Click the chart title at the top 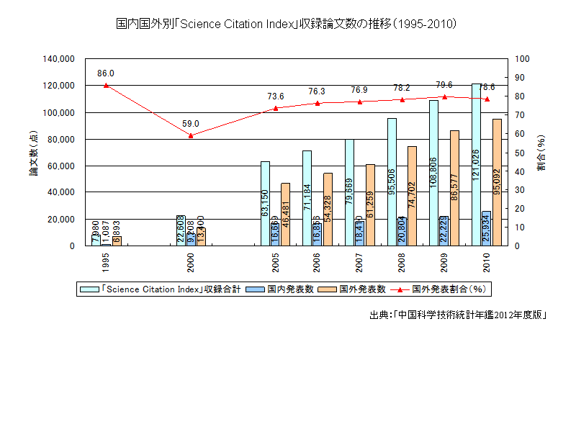click(x=287, y=24)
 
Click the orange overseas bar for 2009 click(x=454, y=187)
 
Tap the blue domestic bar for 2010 click(x=487, y=228)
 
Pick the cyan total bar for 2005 click(x=265, y=203)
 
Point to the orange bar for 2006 click(x=328, y=209)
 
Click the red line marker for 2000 click(x=191, y=135)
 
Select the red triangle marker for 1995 click(x=106, y=85)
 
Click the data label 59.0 click(x=191, y=124)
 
